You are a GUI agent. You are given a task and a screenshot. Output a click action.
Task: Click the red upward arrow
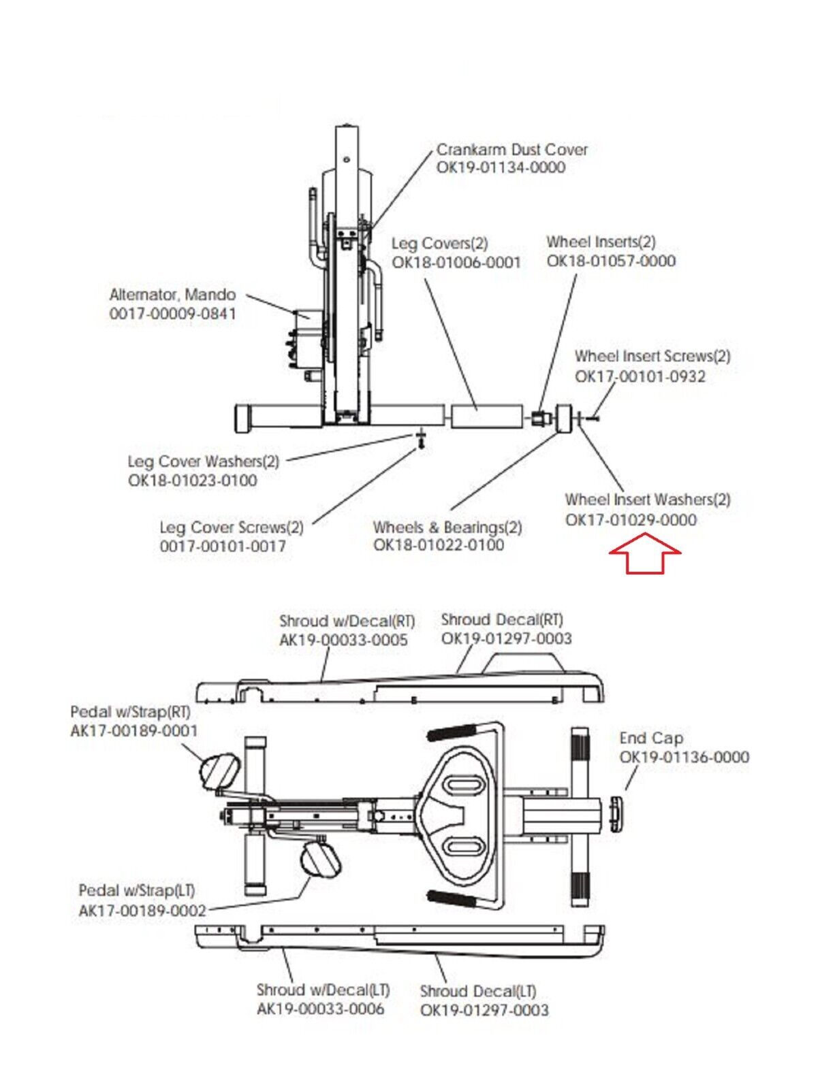point(645,553)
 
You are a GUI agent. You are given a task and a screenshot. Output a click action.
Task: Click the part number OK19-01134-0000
point(501,167)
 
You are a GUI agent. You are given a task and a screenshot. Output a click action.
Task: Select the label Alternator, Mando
point(172,295)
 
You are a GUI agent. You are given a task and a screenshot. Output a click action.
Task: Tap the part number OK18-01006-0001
point(457,262)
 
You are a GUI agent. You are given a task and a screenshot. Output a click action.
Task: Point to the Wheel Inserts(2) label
point(601,242)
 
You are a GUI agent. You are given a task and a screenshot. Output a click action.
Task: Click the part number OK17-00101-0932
point(640,376)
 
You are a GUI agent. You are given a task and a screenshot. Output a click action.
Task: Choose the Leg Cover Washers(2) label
point(204,462)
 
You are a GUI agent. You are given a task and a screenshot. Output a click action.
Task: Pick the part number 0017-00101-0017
point(223,547)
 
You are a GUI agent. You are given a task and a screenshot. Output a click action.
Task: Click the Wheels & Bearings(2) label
point(447,527)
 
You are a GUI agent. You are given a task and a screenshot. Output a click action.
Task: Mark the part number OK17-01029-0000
point(631,520)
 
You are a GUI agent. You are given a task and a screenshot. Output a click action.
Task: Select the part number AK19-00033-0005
point(343,640)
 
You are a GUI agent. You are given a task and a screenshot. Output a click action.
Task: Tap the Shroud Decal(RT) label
point(503,619)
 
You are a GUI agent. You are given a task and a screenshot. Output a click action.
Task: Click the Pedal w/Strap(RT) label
point(131,712)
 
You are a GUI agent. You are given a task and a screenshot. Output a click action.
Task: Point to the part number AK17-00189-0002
point(142,911)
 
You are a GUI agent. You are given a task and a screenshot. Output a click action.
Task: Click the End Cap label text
point(651,738)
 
